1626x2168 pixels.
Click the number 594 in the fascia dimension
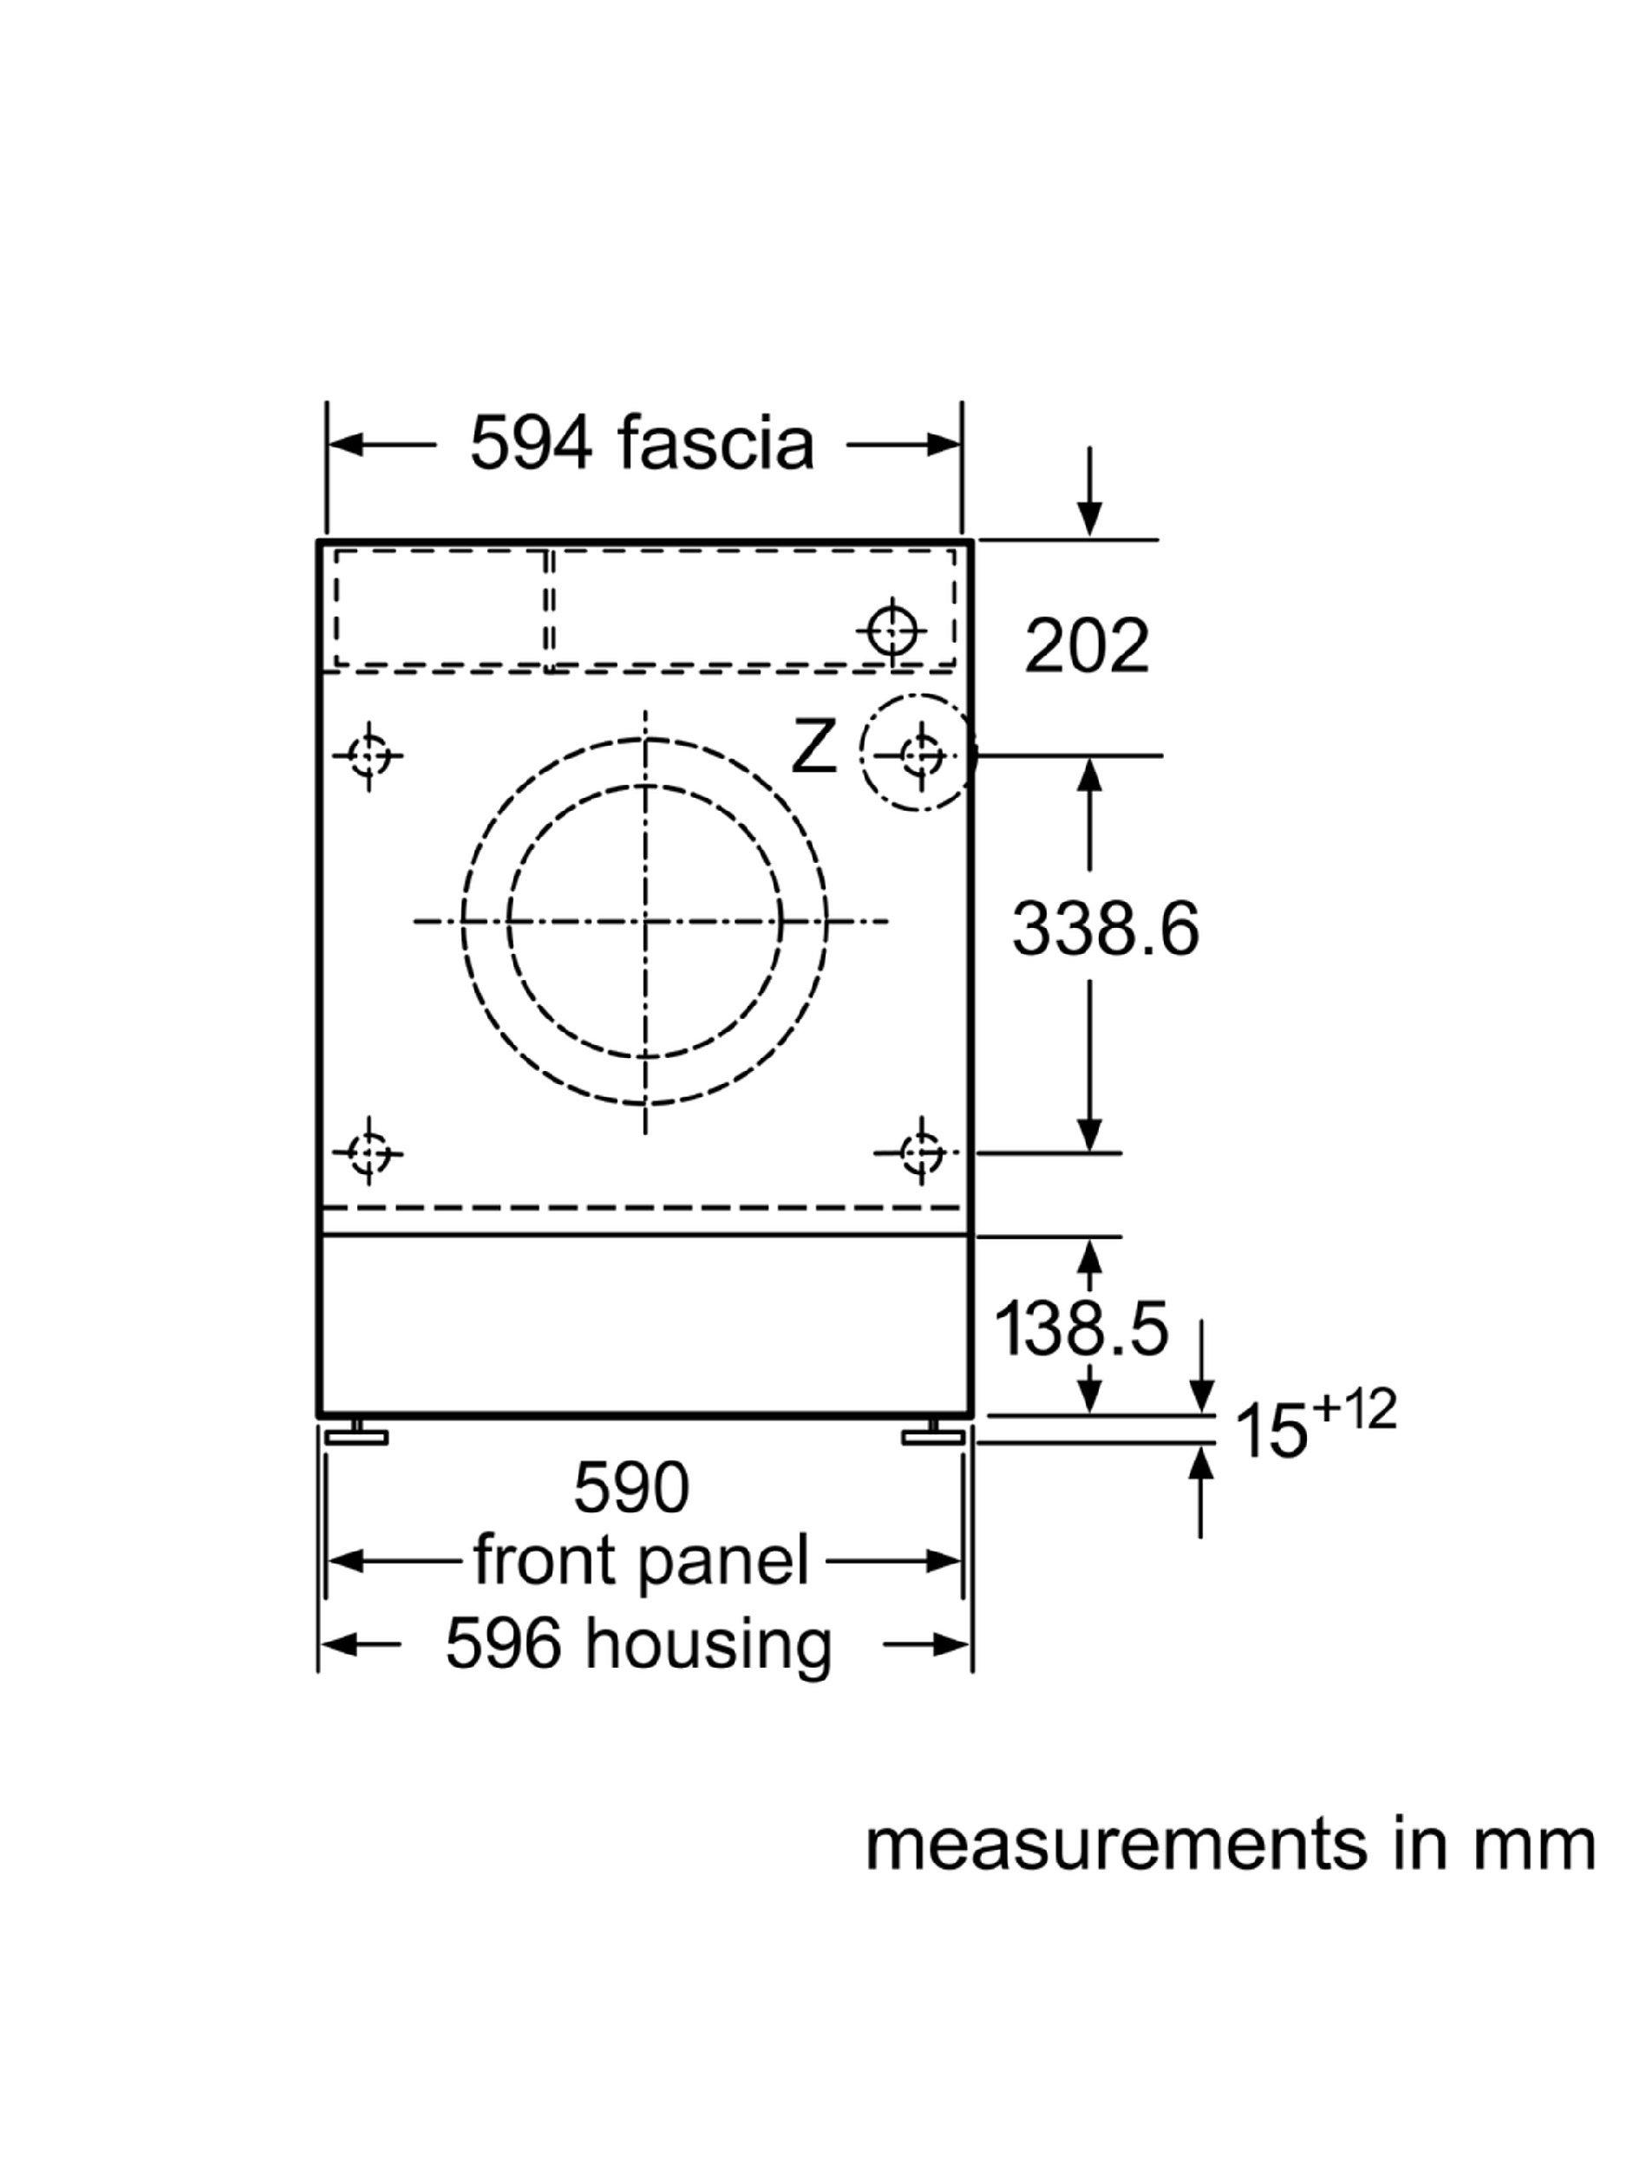(x=532, y=444)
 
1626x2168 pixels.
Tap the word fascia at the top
(x=715, y=443)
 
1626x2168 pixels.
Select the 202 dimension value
(x=1086, y=647)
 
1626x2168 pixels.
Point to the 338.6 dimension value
(x=1106, y=928)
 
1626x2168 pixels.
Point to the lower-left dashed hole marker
(x=369, y=1152)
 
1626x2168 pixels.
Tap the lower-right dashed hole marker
(x=919, y=1152)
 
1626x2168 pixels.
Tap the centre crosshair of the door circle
(x=645, y=921)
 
